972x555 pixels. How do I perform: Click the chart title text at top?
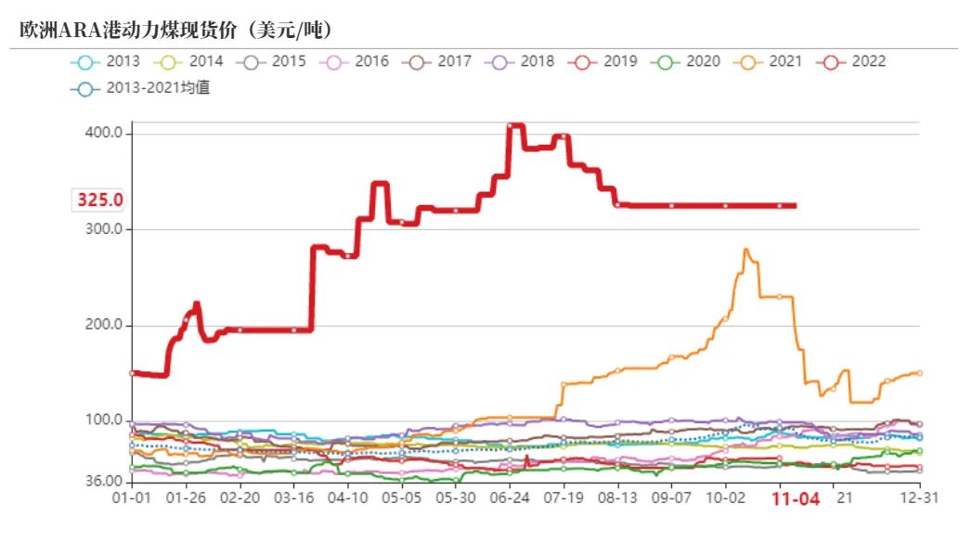pos(176,30)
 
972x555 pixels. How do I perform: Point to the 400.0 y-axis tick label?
pos(103,134)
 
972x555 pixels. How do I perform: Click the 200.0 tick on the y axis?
pos(103,326)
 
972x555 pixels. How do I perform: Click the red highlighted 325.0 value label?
pos(100,200)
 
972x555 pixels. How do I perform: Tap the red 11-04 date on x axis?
pos(797,498)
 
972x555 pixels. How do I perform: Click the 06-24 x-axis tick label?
pos(509,497)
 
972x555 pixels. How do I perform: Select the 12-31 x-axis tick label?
pos(919,497)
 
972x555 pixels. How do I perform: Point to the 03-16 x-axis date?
pos(293,497)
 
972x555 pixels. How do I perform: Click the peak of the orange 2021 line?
pos(745,250)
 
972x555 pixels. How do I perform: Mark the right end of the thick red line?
pos(794,205)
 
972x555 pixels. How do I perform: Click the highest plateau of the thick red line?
pos(516,125)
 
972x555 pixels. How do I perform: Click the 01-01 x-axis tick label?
pos(132,497)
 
